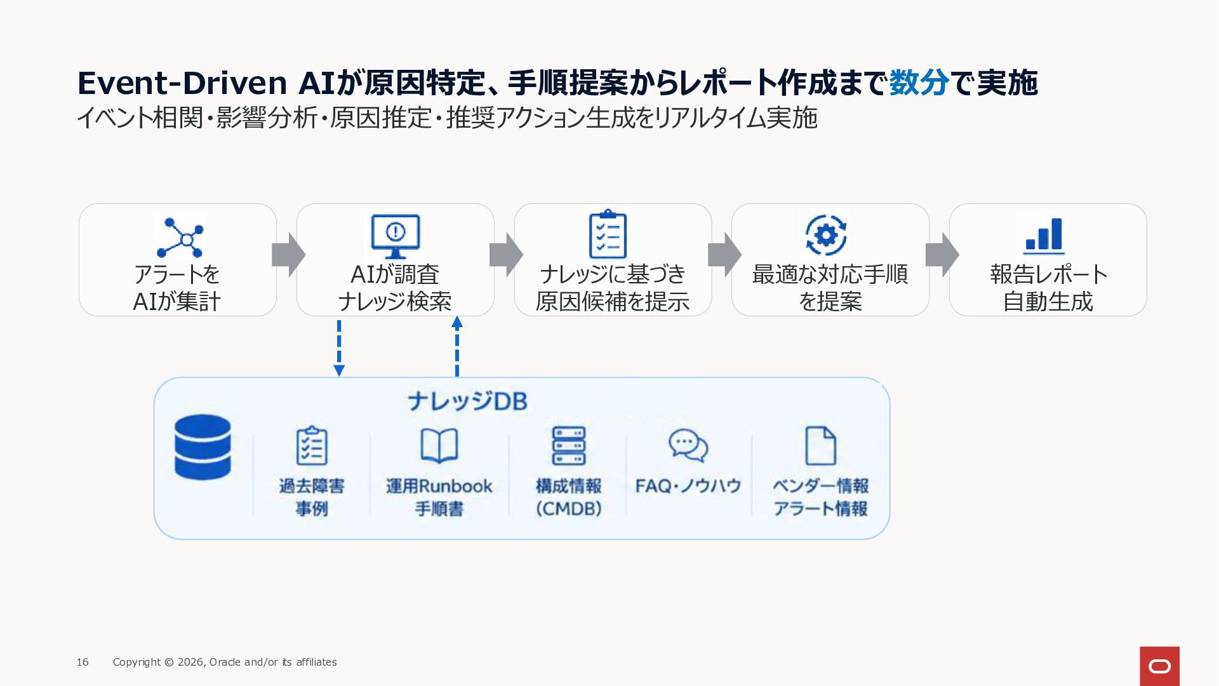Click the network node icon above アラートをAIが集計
pos(181,238)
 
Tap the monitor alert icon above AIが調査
pos(395,236)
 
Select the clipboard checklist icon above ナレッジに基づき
pos(608,234)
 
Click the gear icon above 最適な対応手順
pos(825,235)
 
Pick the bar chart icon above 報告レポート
pos(1044,236)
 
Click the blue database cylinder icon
pos(203,447)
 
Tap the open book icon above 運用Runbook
pos(439,445)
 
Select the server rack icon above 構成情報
pos(569,446)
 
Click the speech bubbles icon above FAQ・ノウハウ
pos(688,445)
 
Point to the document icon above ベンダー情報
pos(820,446)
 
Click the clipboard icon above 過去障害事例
pos(312,445)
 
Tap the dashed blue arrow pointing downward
pos(339,348)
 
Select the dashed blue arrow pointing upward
pos(457,347)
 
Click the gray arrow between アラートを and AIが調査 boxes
pos(289,255)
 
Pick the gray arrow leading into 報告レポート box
pos(942,255)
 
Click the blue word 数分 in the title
pos(919,83)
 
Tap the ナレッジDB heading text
pos(467,401)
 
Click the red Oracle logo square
pos(1159,666)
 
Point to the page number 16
pos(83,662)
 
